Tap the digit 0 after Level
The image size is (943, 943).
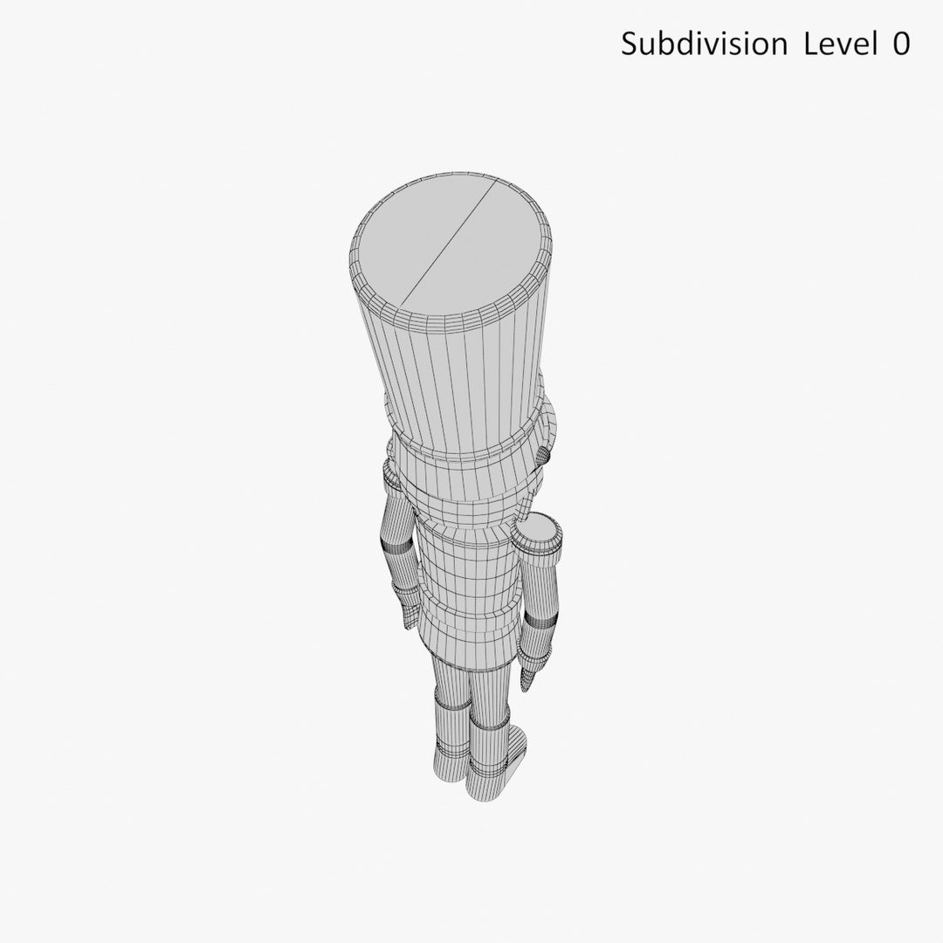(x=900, y=44)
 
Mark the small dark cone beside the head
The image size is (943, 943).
(x=543, y=455)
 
